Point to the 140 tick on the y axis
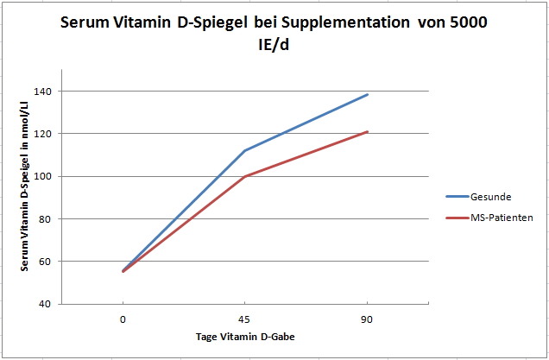[41, 92]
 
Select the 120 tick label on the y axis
[41, 134]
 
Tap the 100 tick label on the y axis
[41, 176]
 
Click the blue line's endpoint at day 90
[368, 95]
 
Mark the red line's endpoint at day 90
[368, 132]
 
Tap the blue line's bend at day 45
[246, 150]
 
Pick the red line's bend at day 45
[246, 176]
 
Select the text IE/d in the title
[274, 45]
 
